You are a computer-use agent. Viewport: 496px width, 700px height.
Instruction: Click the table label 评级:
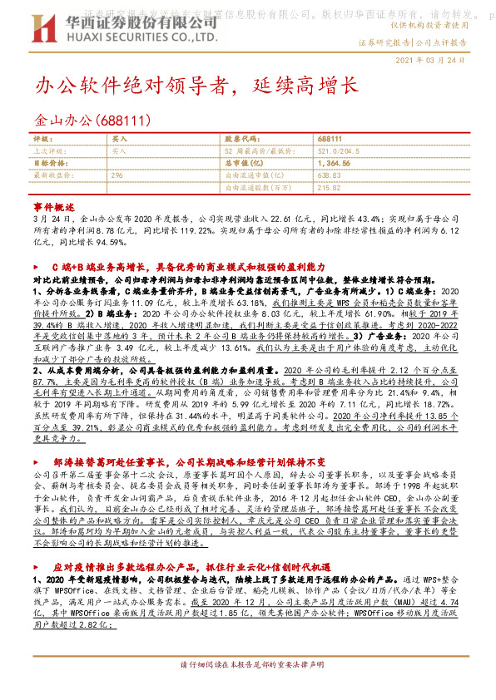click(42, 140)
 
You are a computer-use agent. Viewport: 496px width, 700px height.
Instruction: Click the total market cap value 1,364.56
click(334, 164)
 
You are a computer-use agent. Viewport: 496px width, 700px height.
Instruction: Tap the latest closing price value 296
click(117, 175)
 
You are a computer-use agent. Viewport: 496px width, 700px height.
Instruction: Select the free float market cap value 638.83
click(330, 175)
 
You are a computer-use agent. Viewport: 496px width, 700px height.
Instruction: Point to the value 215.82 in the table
click(330, 188)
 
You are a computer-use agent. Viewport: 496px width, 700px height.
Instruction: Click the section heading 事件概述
click(53, 204)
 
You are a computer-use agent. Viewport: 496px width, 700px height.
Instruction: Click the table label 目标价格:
click(48, 164)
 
